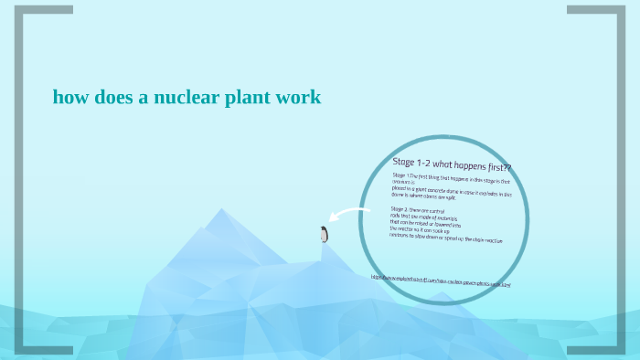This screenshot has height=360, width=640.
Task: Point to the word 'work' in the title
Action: pyautogui.click(x=298, y=97)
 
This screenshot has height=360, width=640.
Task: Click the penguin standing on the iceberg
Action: pyautogui.click(x=324, y=234)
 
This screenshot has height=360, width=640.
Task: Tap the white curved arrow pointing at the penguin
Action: pyautogui.click(x=350, y=216)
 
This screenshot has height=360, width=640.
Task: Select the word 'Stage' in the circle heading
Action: pyautogui.click(x=405, y=161)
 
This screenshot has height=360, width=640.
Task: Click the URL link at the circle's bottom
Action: pyautogui.click(x=440, y=280)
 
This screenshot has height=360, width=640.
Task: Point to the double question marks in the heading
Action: pyautogui.click(x=506, y=169)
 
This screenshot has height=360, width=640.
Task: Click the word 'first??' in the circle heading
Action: pyautogui.click(x=496, y=168)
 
